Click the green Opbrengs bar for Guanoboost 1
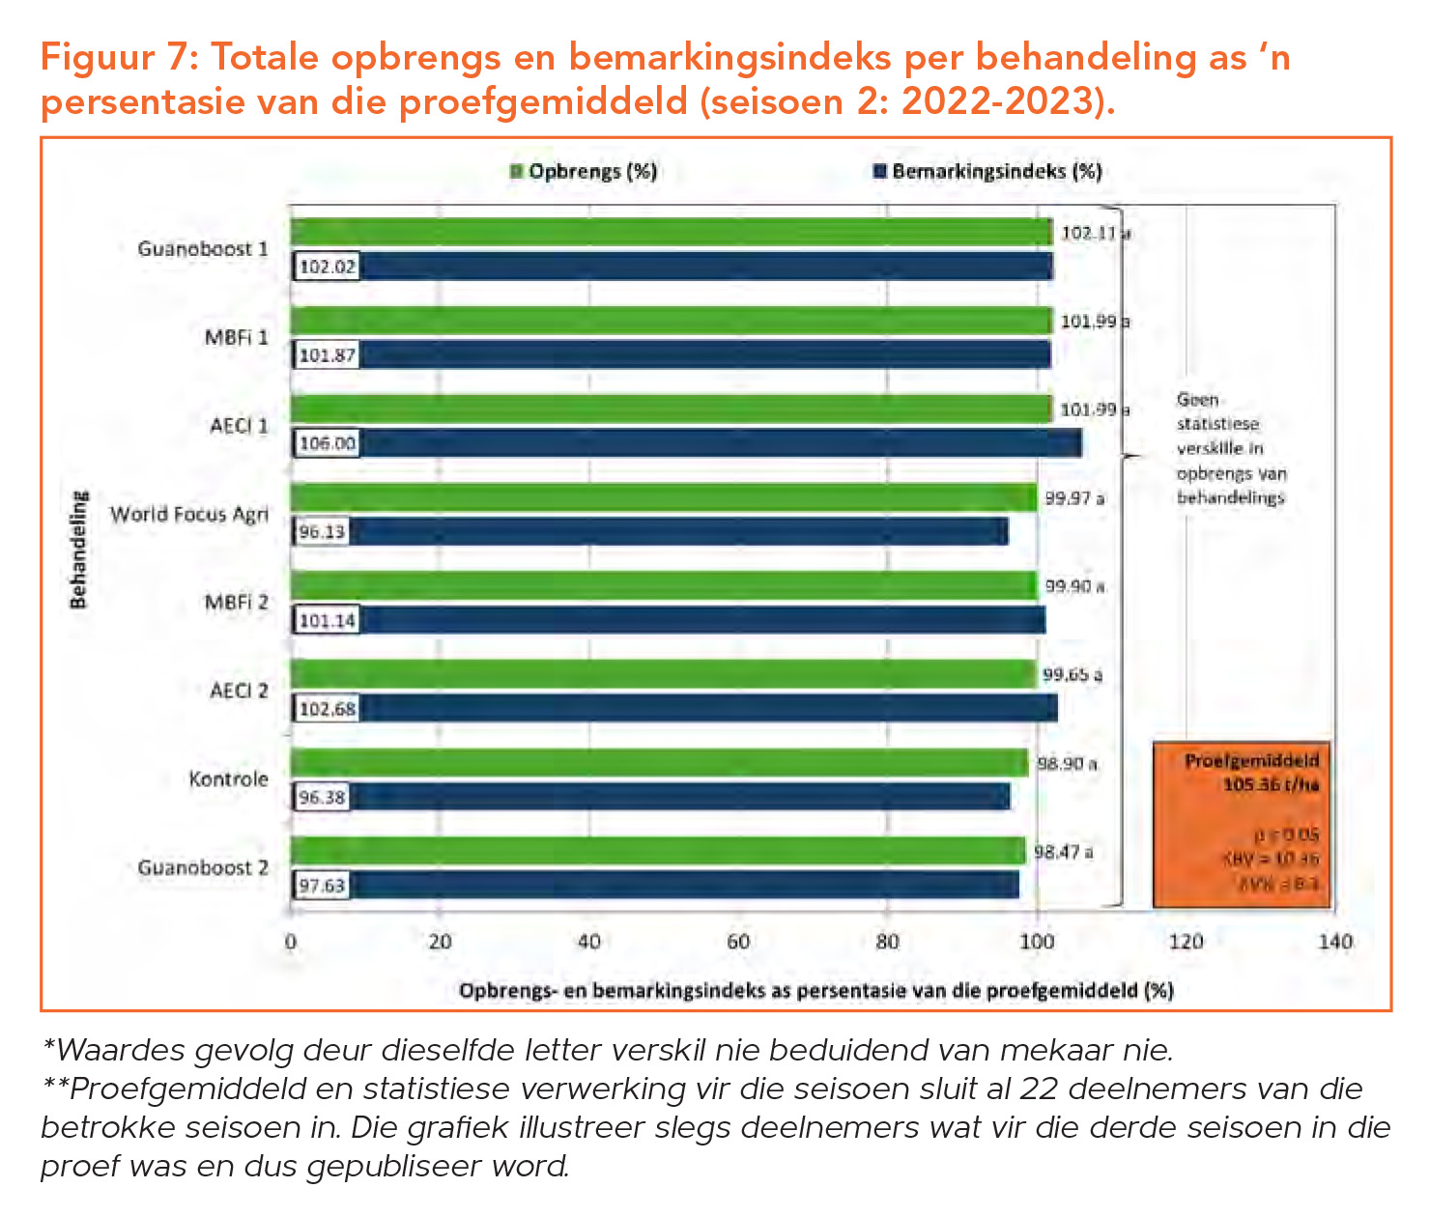672,232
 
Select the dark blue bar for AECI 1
715,443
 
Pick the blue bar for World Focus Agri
676,531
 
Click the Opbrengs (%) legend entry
585,172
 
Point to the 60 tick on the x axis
738,941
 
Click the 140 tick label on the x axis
1335,941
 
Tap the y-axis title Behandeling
78,550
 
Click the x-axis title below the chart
815,991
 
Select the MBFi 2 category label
236,603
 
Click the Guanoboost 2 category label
203,867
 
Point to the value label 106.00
327,444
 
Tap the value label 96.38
322,798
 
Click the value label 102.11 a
1095,233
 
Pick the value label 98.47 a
1063,852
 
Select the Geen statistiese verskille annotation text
1230,448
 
